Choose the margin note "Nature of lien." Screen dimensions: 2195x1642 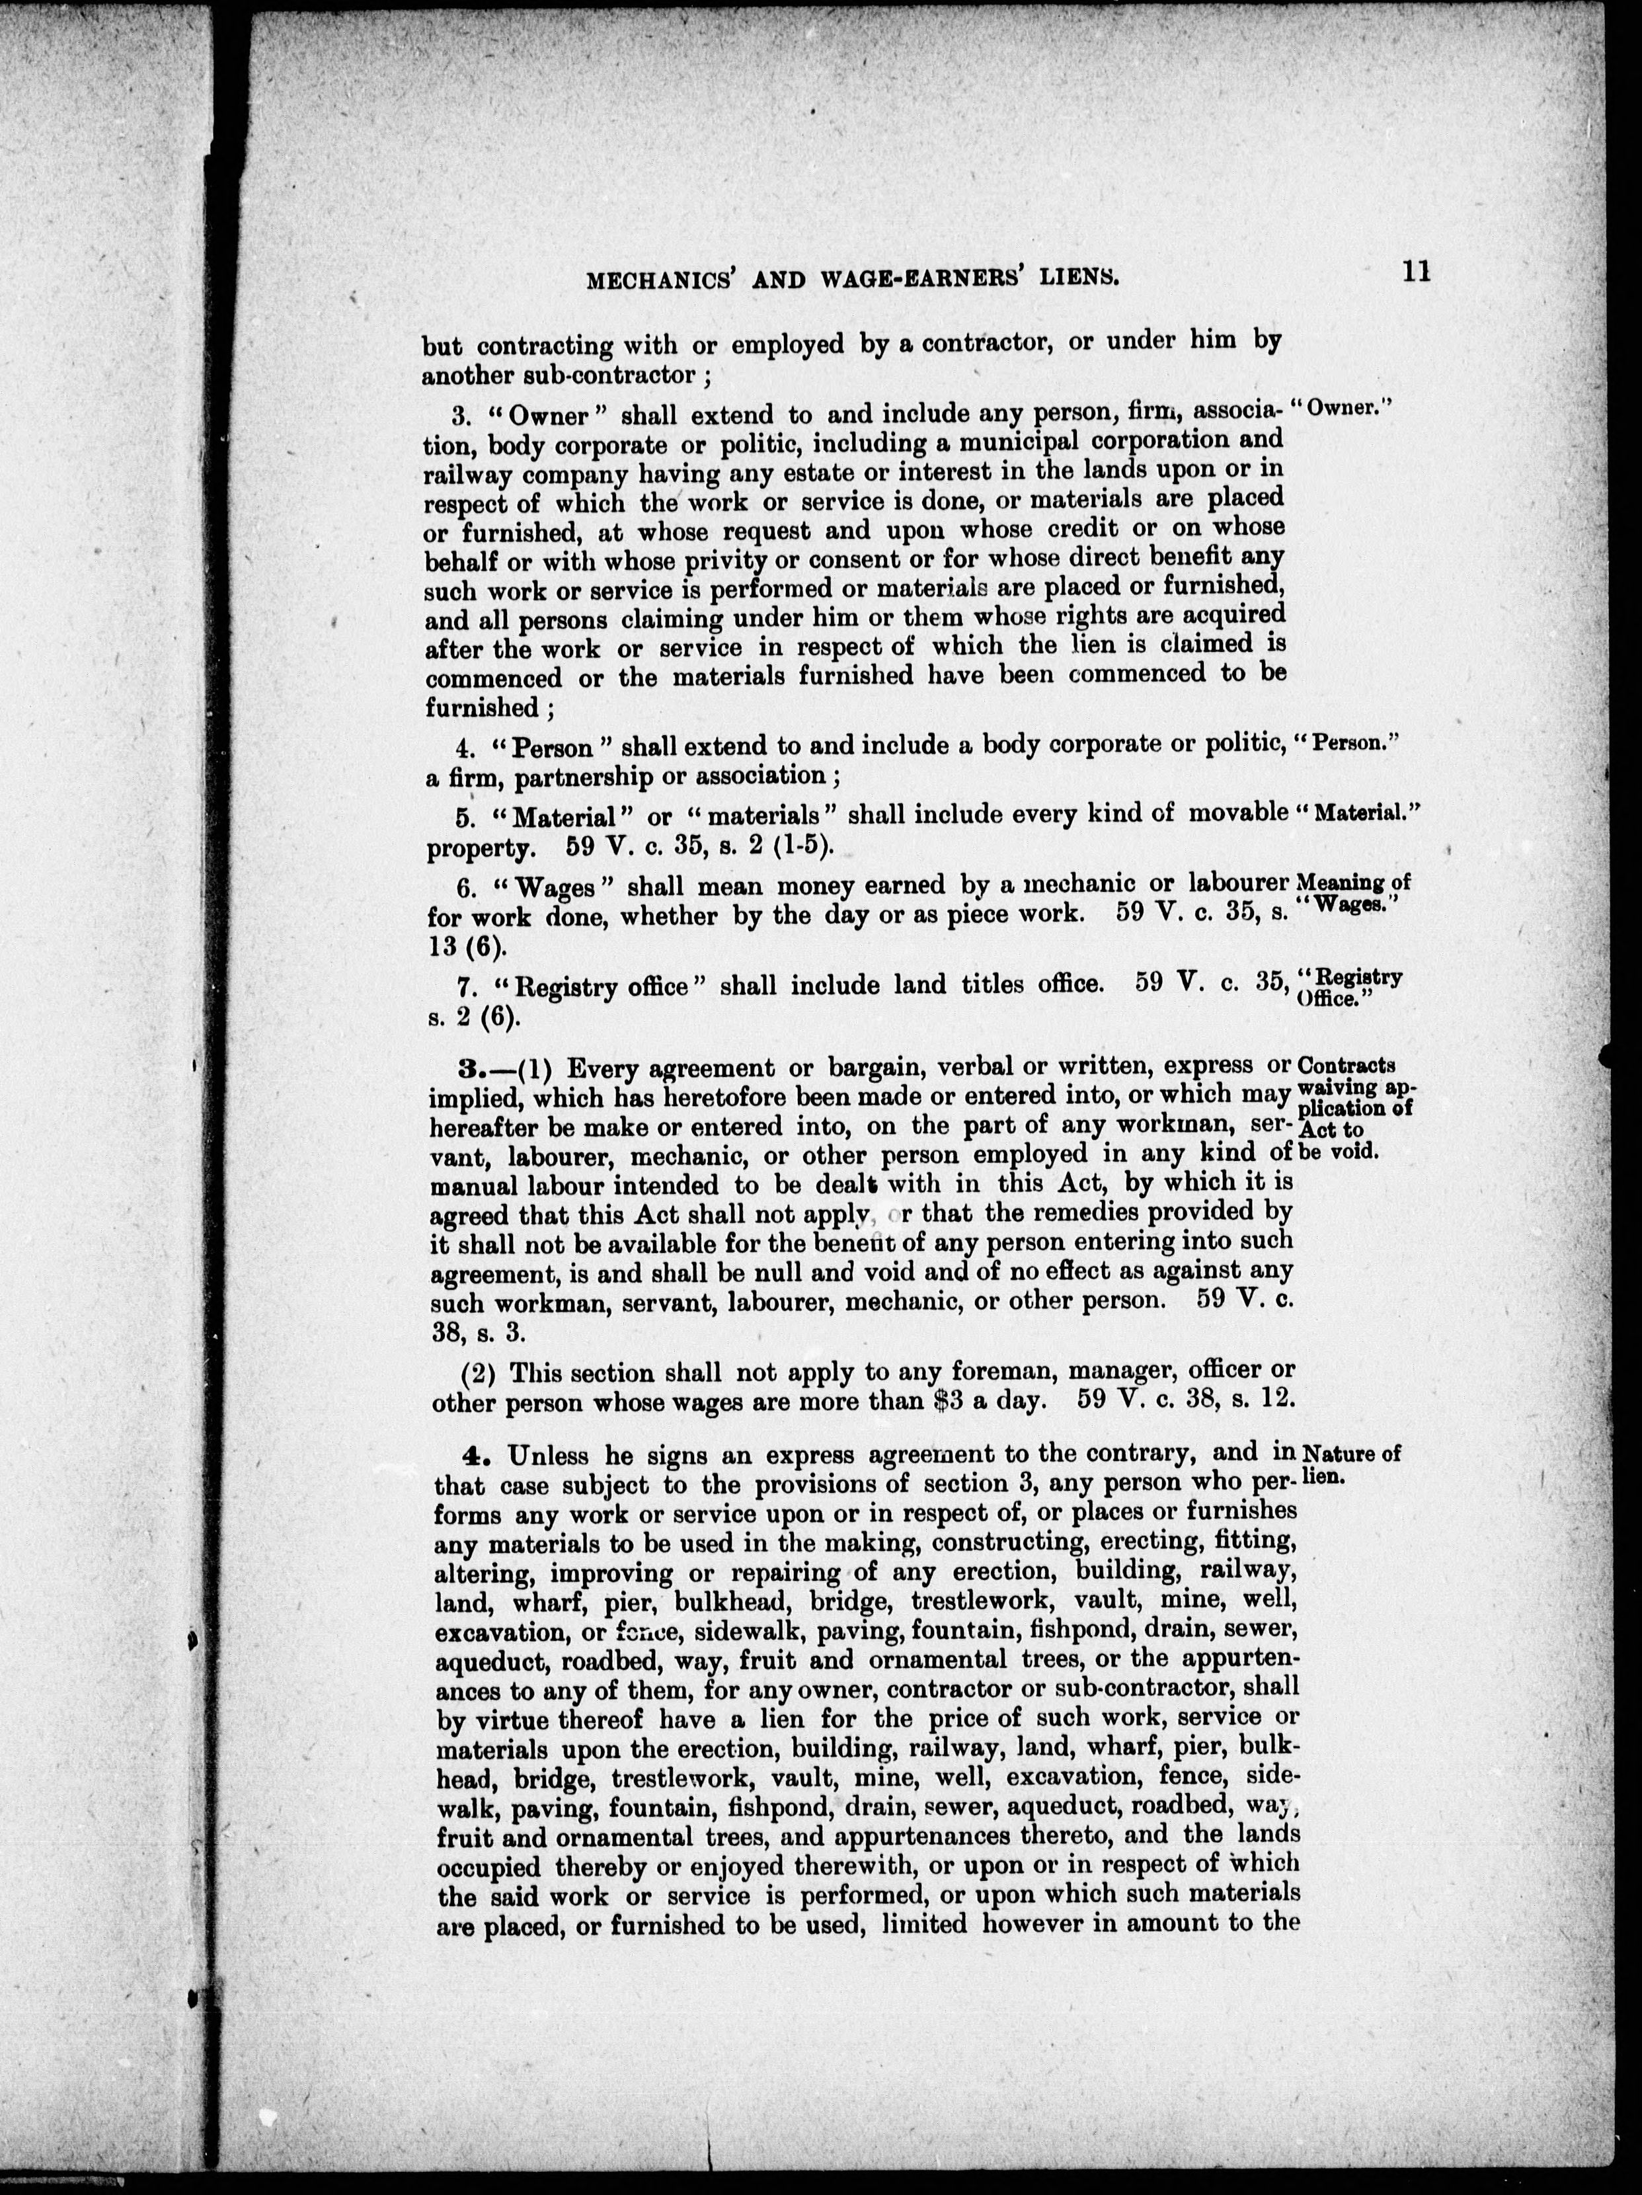(x=1350, y=1464)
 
